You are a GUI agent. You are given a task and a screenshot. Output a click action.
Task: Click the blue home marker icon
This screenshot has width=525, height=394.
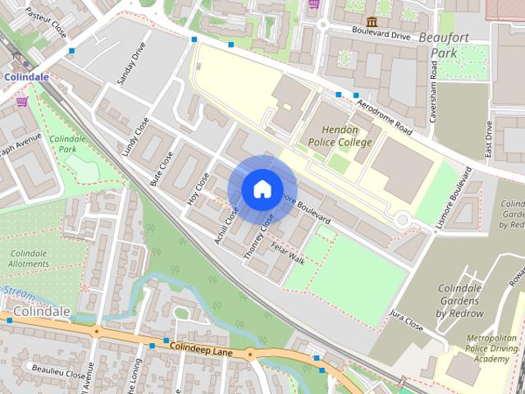click(x=262, y=189)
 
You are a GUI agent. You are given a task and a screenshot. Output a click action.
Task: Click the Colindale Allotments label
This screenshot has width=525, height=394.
click(x=28, y=258)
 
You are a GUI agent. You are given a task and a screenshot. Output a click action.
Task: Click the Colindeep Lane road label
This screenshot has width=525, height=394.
click(x=202, y=349)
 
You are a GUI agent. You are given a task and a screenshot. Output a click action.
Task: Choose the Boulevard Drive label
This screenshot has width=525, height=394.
click(x=380, y=36)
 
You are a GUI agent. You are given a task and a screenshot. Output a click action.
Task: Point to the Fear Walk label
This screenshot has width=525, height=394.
click(x=288, y=256)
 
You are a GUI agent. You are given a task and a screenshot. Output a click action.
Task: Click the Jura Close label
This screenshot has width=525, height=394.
click(x=406, y=320)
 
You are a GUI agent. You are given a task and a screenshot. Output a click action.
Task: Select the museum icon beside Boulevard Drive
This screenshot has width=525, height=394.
click(x=372, y=21)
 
